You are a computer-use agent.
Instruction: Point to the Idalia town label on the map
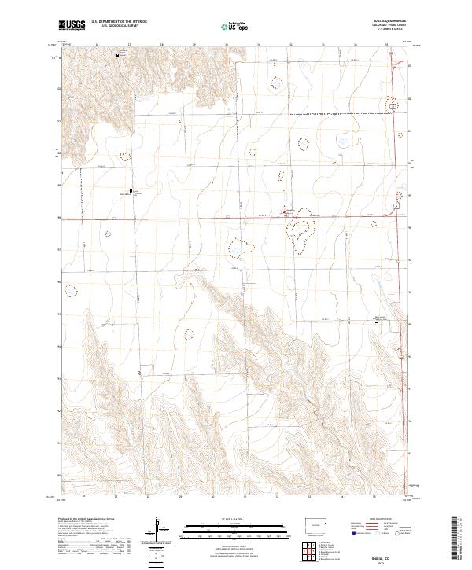point(289,210)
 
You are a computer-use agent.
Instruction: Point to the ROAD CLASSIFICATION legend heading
point(388,520)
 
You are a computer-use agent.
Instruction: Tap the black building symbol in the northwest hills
point(120,55)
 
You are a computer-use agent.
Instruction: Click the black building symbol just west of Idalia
point(131,191)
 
